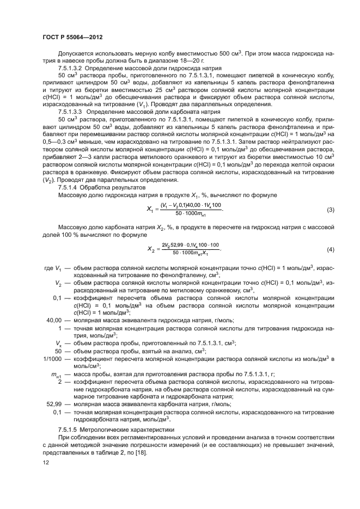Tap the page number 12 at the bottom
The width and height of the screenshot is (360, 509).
[46, 462]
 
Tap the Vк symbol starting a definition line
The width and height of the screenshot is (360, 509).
[58, 343]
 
